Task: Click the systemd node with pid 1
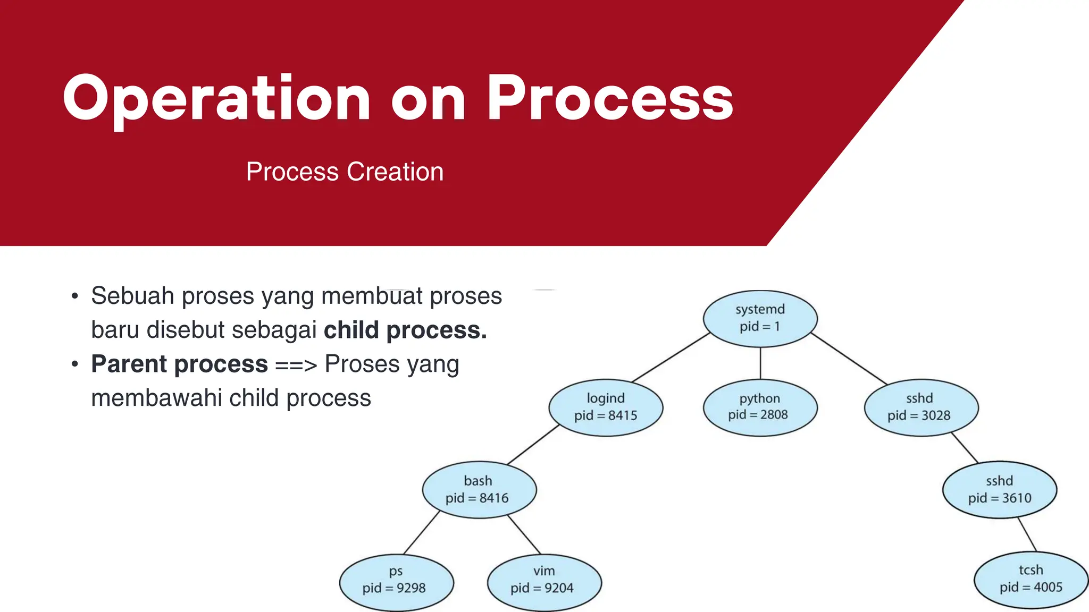pos(760,318)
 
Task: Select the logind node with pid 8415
pos(606,407)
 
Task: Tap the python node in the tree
pos(759,407)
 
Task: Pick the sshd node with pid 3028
pos(920,407)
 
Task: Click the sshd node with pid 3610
pos(999,489)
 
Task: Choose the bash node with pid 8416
pos(479,489)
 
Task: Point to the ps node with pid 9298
pos(396,581)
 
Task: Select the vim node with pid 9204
pos(543,581)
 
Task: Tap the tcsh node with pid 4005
pos(1031,580)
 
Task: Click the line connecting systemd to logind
pos(671,358)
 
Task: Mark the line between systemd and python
pos(760,363)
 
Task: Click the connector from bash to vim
pos(524,535)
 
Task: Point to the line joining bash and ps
pos(422,533)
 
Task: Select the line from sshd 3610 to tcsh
pos(1027,535)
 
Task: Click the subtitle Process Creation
pos(345,172)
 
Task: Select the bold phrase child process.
pos(405,330)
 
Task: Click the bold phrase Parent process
pos(179,364)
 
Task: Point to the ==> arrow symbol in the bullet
pos(296,365)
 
